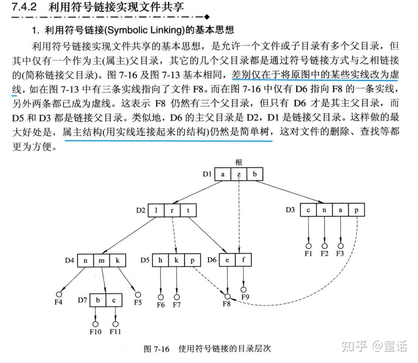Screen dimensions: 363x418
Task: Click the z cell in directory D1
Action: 238,174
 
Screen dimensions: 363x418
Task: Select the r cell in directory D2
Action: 172,210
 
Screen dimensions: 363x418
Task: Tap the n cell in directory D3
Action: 325,210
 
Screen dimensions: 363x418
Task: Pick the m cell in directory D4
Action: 102,260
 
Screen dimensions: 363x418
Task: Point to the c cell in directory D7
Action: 114,300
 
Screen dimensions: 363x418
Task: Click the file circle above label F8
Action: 227,296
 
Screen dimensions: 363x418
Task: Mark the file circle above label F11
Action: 115,323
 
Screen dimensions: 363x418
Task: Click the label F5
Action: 138,302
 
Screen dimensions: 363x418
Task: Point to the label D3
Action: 290,210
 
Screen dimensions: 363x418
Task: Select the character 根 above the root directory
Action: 238,162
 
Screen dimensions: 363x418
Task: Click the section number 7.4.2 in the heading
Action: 24,7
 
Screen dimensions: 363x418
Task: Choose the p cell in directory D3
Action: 357,210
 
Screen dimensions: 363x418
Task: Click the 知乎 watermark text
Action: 354,346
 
